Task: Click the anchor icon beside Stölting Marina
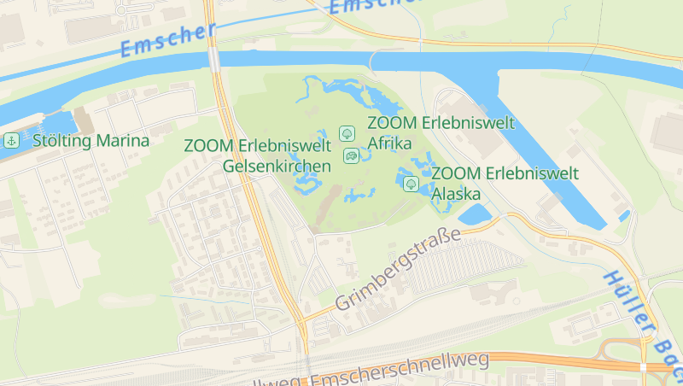pos(11,140)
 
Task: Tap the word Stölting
pos(61,140)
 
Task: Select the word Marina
pos(121,140)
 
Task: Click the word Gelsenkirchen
pos(277,166)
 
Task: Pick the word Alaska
pos(457,193)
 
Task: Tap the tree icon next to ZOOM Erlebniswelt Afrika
pos(347,132)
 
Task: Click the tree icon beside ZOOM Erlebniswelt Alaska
pos(411,183)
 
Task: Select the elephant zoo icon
pos(351,155)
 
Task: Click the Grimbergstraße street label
pos(398,269)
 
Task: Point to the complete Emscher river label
pos(168,40)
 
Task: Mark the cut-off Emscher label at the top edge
pos(376,6)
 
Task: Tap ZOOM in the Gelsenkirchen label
pos(207,146)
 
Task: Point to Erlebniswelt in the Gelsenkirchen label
pos(282,146)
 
